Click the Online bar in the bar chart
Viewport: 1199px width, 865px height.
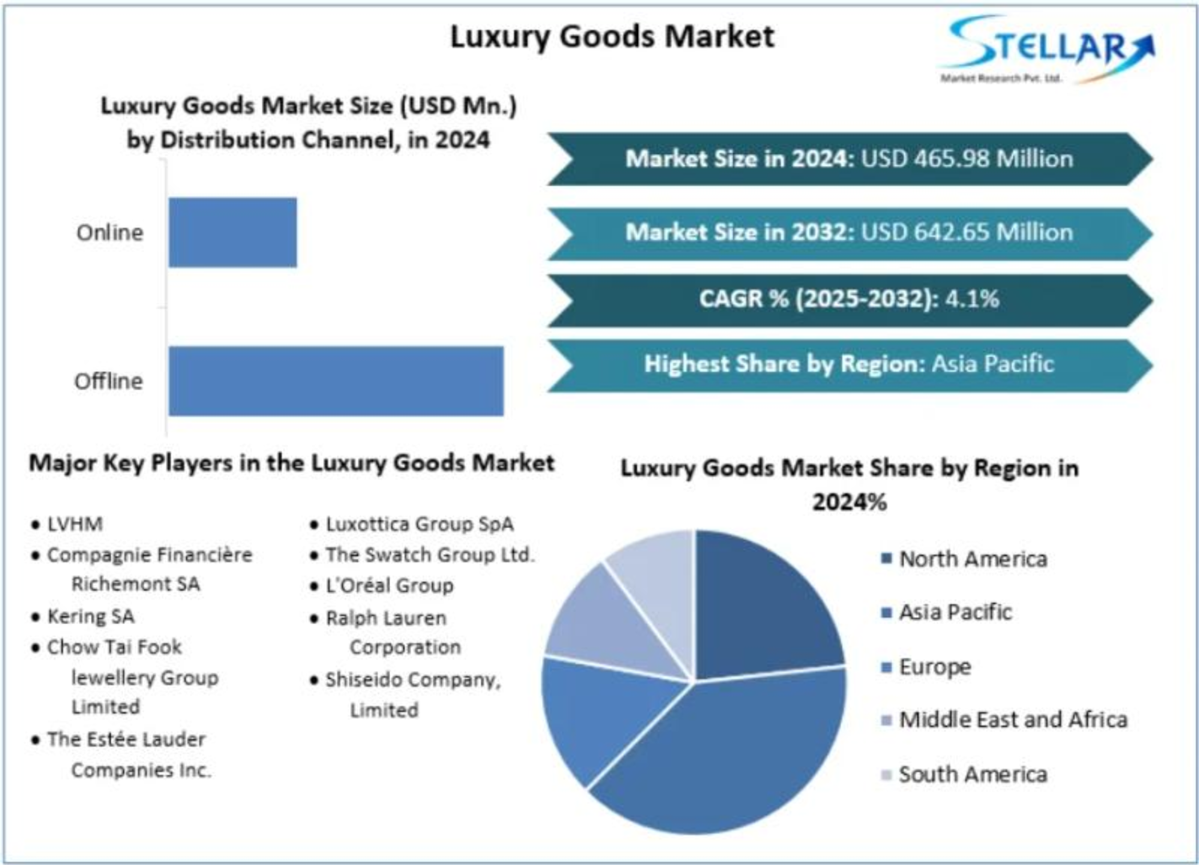[x=232, y=232]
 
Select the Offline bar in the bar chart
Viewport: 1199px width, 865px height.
[x=336, y=381]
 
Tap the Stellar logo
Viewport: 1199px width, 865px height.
[x=1047, y=49]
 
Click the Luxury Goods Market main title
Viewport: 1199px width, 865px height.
[x=612, y=37]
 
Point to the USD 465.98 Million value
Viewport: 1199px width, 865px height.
[x=967, y=158]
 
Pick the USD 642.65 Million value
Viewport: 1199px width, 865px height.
[x=967, y=232]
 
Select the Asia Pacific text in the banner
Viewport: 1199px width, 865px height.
[x=992, y=364]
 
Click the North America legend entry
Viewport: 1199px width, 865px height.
[x=973, y=559]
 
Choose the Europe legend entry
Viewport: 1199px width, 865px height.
[x=935, y=667]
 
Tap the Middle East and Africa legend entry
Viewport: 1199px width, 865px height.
[x=1013, y=720]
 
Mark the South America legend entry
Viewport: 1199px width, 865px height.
[x=973, y=774]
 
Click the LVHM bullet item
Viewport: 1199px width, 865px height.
[x=74, y=524]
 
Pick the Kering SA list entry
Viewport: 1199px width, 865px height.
[x=90, y=616]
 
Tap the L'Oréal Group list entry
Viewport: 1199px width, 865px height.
[x=389, y=585]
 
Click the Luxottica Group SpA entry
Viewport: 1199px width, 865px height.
[x=419, y=524]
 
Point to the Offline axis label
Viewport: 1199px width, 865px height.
[x=109, y=381]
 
